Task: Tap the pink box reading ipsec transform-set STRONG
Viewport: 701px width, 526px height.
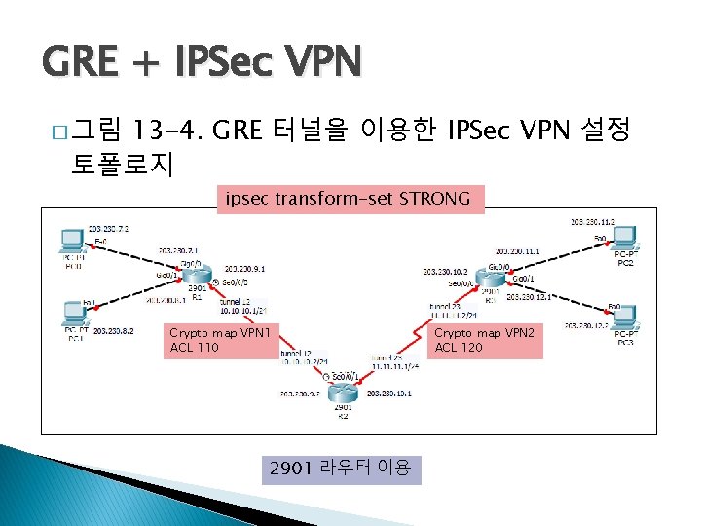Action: (349, 200)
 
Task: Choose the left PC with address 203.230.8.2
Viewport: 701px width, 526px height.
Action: (73, 314)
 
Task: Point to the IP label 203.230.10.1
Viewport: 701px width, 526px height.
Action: (389, 394)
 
